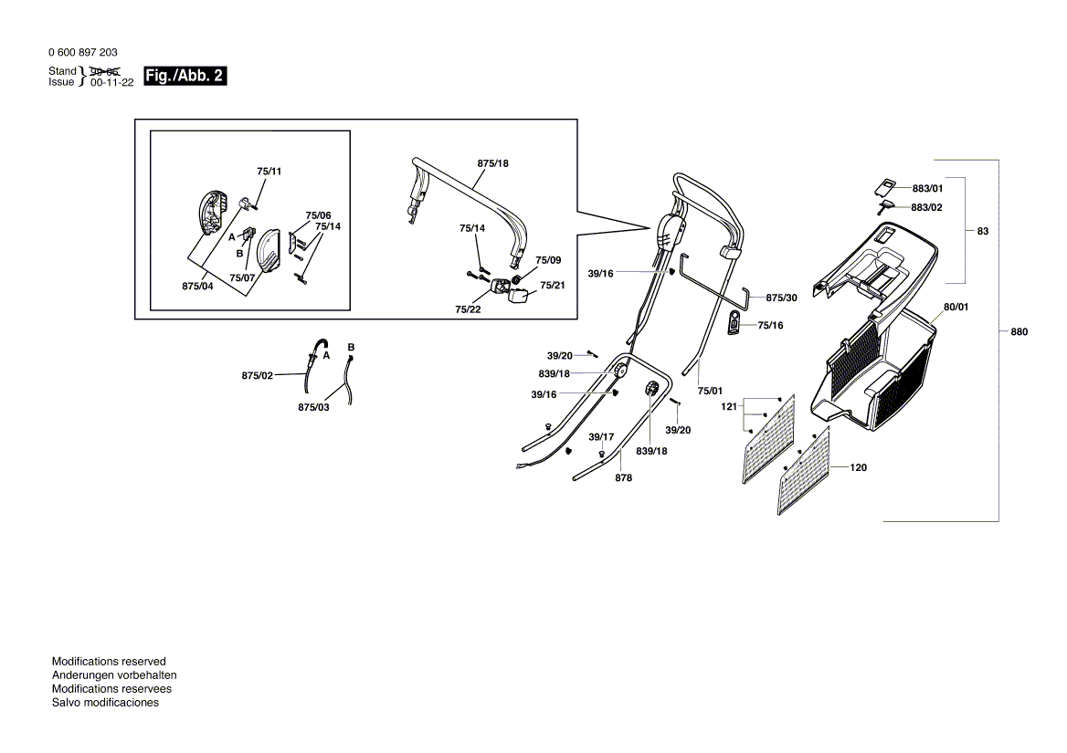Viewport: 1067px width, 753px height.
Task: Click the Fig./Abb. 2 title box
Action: coord(185,76)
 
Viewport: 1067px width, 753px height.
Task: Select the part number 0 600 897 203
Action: coord(83,52)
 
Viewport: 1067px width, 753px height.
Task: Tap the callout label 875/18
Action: coord(492,163)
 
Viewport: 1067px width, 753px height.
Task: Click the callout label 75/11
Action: coord(269,172)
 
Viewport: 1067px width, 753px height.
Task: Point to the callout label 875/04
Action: coord(197,286)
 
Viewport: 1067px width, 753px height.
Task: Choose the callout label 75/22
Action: coord(468,309)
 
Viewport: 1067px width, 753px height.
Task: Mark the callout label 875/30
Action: coord(781,298)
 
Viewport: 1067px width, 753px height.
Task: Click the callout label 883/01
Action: coord(927,188)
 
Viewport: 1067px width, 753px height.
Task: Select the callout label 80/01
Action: coord(956,307)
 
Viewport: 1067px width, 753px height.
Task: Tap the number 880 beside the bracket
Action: coord(1019,331)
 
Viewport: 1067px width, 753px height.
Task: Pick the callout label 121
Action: coord(729,406)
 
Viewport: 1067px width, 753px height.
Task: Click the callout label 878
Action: coord(623,477)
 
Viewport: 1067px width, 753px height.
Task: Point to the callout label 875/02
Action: coord(258,375)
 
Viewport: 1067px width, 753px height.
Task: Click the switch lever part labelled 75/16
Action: coord(733,323)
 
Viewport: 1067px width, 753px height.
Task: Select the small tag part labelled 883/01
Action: coord(884,187)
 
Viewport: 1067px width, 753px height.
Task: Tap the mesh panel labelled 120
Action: coord(804,470)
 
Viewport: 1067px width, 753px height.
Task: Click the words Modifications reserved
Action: coord(109,661)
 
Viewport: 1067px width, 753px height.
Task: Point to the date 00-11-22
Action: coord(112,82)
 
